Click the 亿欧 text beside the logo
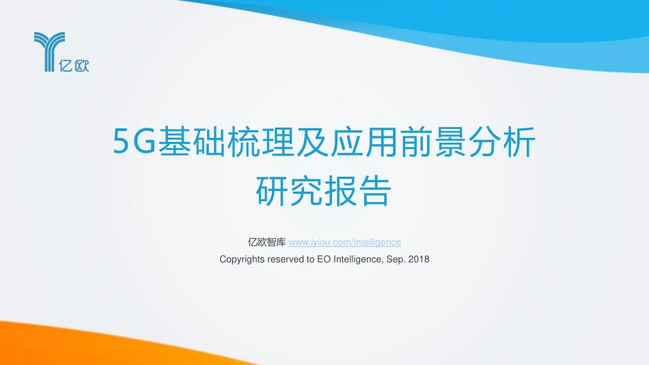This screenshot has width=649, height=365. (x=76, y=66)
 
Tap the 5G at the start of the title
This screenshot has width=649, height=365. (x=135, y=143)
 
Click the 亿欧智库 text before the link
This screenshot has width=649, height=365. (x=267, y=242)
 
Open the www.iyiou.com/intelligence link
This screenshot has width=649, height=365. (x=345, y=242)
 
